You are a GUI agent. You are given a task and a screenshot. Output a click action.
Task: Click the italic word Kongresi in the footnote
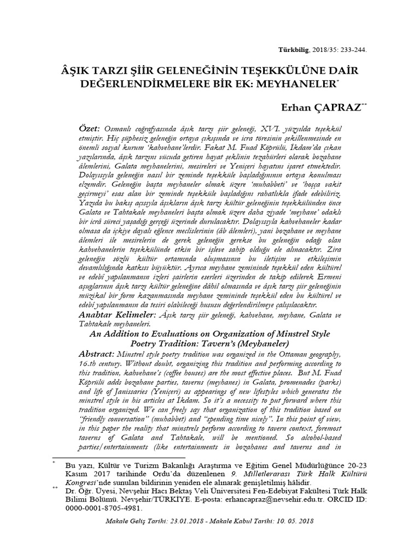[81, 483]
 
